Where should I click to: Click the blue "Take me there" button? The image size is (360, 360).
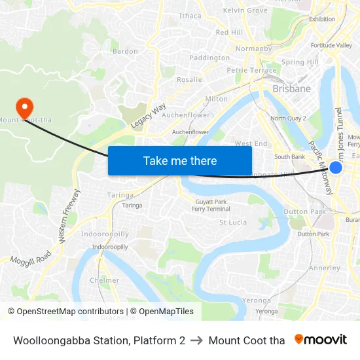click(x=180, y=160)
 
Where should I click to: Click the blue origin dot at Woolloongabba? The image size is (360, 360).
click(x=336, y=168)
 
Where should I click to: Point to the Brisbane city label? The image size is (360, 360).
click(x=291, y=88)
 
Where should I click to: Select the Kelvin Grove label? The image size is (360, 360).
click(x=245, y=10)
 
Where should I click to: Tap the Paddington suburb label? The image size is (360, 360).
click(x=209, y=58)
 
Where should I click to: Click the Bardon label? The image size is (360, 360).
click(x=125, y=51)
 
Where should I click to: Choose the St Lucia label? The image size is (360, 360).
click(x=233, y=222)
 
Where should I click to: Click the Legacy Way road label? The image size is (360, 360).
click(x=149, y=115)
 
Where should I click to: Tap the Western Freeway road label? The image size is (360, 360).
click(x=69, y=217)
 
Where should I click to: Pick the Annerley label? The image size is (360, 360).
click(x=325, y=268)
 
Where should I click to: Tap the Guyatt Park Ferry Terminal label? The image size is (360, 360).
click(x=210, y=205)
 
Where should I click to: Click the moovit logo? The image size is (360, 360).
click(x=320, y=340)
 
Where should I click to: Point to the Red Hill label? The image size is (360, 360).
click(x=229, y=32)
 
